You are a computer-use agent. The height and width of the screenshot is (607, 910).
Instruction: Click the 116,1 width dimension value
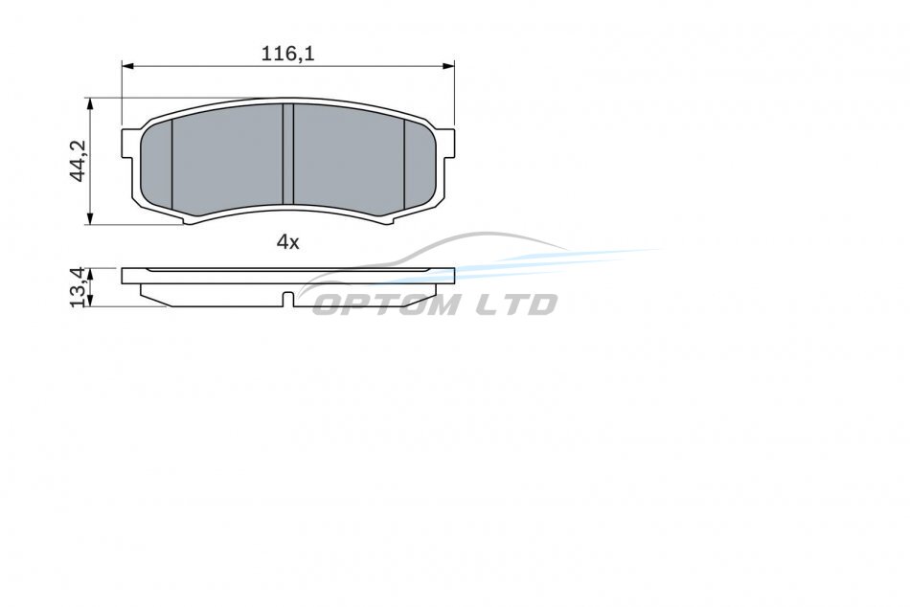[287, 54]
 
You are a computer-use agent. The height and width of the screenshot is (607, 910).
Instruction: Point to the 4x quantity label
[288, 241]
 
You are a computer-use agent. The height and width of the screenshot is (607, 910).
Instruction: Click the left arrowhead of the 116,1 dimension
[127, 66]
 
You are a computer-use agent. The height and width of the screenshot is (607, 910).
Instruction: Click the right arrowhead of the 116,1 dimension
[448, 66]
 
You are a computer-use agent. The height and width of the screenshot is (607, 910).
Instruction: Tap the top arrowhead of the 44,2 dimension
[89, 103]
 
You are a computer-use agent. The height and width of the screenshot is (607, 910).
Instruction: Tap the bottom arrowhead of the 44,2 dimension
[89, 218]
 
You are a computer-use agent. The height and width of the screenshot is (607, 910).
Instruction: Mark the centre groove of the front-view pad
[288, 154]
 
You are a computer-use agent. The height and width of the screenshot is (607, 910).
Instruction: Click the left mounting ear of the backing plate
[130, 143]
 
